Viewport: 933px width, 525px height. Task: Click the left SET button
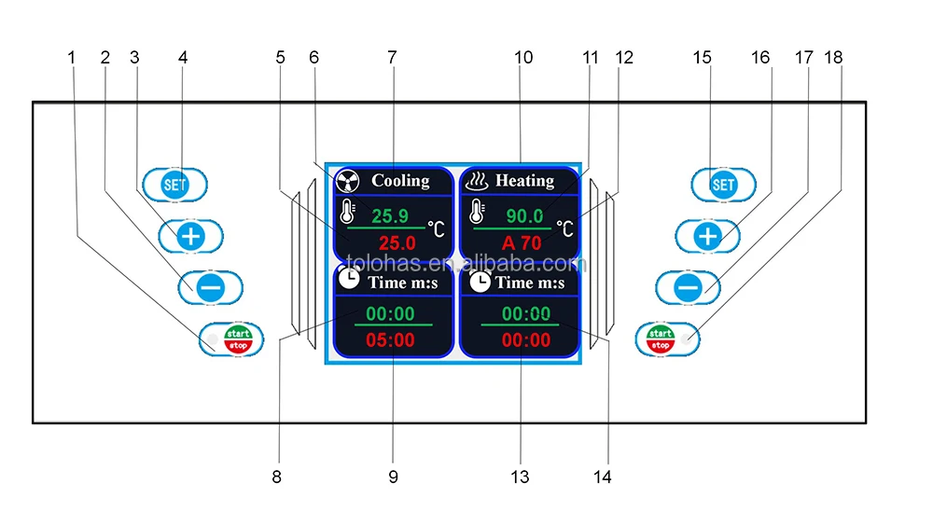click(175, 184)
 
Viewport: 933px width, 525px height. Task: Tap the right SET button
click(723, 184)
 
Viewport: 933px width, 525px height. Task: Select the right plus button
click(707, 236)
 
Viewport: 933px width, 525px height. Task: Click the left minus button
click(210, 287)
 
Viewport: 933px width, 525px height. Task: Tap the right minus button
click(688, 287)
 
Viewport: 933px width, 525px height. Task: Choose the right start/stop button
click(661, 338)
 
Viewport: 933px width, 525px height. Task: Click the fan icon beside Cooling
click(347, 181)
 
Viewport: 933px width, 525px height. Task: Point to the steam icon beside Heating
click(477, 181)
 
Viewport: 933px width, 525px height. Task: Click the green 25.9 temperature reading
click(390, 215)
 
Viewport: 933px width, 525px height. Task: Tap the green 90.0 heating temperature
click(524, 215)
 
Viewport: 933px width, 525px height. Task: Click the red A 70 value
click(522, 242)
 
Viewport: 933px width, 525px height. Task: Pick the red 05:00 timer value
click(390, 340)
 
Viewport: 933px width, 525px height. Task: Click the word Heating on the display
click(524, 180)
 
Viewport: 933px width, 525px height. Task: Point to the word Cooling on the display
click(400, 180)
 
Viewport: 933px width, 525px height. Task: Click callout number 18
click(833, 58)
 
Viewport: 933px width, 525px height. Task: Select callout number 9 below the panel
click(393, 477)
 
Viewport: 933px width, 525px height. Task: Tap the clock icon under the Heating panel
click(480, 281)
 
